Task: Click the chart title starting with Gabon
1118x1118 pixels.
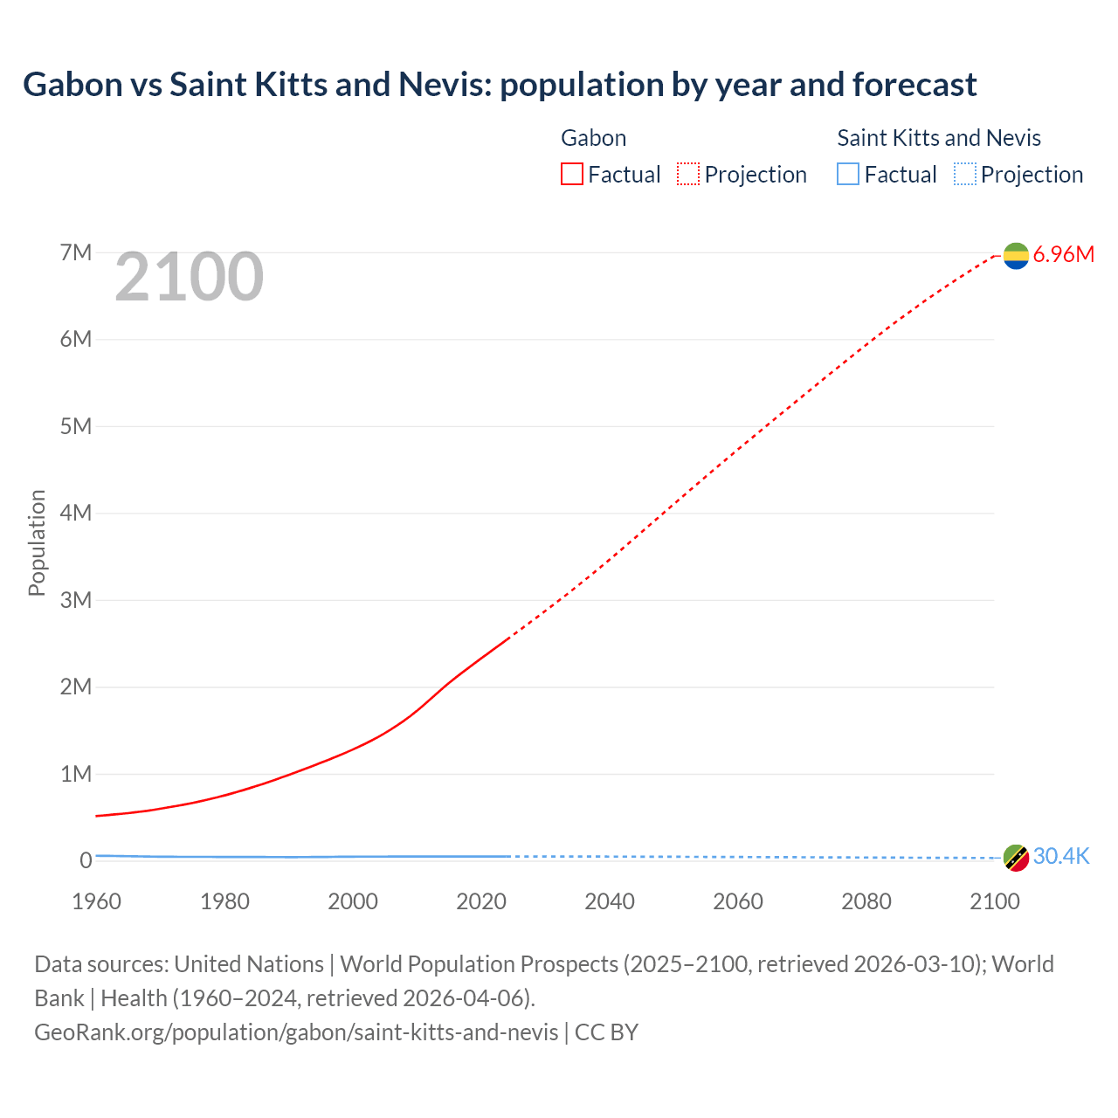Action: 500,85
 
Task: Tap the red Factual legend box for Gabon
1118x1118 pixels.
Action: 571,175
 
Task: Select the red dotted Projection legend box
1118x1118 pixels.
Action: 688,175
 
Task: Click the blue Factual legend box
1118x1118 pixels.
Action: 847,175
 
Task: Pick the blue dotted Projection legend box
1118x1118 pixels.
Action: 964,175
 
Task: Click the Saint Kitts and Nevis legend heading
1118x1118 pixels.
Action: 939,138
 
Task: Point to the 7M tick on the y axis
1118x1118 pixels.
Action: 76,252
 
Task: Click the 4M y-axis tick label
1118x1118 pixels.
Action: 76,513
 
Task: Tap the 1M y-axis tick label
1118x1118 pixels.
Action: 76,774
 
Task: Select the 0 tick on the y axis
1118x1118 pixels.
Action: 86,860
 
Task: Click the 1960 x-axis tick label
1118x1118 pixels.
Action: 96,901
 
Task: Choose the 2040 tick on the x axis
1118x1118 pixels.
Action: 610,901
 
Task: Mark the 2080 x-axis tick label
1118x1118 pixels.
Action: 866,901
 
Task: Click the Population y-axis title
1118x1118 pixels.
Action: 37,542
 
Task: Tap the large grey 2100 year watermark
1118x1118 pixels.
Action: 189,277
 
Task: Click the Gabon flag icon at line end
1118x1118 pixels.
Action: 1016,255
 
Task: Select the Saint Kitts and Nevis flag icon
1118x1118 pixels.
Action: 1016,858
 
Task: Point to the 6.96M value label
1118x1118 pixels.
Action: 1063,255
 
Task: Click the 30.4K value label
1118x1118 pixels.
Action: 1061,857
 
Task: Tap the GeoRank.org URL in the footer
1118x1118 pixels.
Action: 296,1032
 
